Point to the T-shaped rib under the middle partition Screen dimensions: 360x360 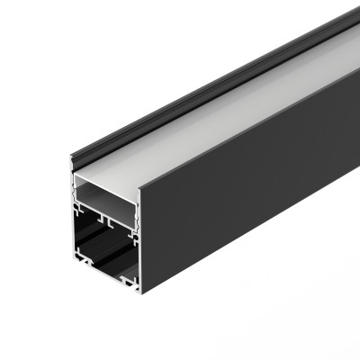tap(106, 219)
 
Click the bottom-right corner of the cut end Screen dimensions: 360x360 tap(139, 292)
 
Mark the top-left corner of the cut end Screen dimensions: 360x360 tap(71, 159)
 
